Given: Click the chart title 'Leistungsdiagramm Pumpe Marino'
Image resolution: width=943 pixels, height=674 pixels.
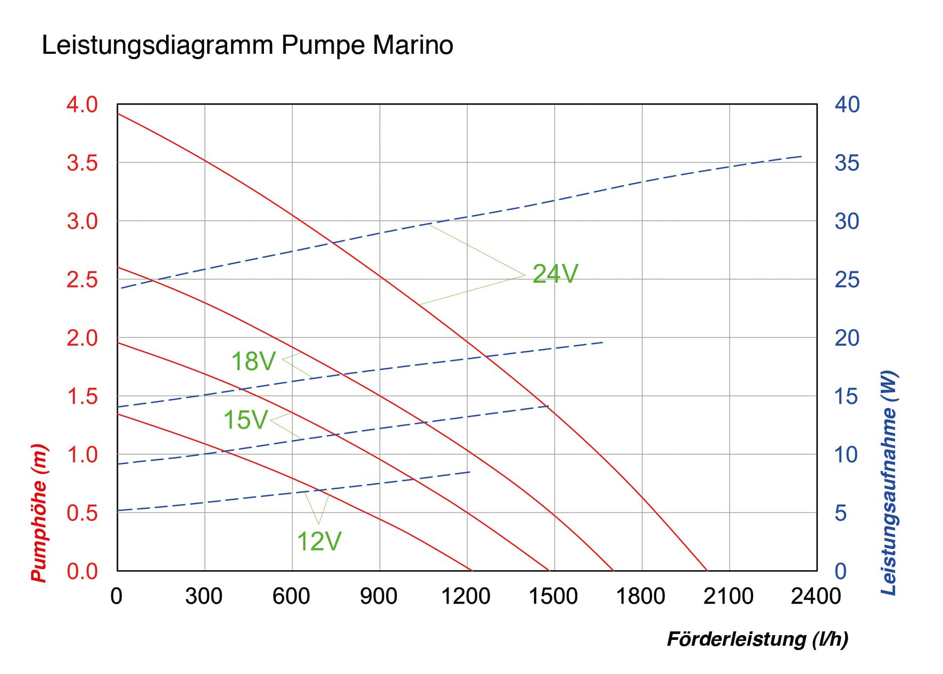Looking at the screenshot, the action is pyautogui.click(x=247, y=46).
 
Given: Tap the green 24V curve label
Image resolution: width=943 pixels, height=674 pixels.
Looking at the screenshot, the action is pyautogui.click(x=555, y=274).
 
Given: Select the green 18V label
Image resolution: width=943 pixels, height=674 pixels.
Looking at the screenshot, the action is pyautogui.click(x=253, y=361).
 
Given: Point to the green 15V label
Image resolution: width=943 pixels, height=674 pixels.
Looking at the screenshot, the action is pyautogui.click(x=245, y=420).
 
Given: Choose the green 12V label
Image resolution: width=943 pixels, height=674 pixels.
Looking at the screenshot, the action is pyautogui.click(x=319, y=542).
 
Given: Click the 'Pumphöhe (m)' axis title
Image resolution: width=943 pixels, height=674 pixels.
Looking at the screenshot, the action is pyautogui.click(x=39, y=513).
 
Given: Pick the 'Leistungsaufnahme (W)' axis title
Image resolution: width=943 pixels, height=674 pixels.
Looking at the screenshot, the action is pyautogui.click(x=889, y=483).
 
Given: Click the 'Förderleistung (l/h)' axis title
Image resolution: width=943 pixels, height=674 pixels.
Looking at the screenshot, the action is pyautogui.click(x=757, y=639).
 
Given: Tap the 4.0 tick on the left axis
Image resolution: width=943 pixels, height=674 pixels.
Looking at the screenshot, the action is pyautogui.click(x=82, y=104).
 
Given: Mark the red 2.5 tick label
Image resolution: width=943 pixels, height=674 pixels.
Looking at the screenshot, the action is pyautogui.click(x=82, y=279).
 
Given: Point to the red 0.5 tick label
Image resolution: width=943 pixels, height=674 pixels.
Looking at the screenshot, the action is pyautogui.click(x=82, y=513).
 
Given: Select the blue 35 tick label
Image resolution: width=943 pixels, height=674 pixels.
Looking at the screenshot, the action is pyautogui.click(x=847, y=163).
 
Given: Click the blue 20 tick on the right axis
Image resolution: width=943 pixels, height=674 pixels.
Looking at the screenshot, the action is pyautogui.click(x=847, y=338).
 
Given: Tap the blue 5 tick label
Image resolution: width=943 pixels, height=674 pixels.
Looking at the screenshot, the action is pyautogui.click(x=840, y=513).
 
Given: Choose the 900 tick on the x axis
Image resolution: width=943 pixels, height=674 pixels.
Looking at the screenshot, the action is pyautogui.click(x=378, y=596).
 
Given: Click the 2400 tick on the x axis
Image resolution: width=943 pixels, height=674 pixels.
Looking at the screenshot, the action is pyautogui.click(x=816, y=596).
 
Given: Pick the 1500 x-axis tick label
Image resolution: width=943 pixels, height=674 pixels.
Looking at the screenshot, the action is pyautogui.click(x=553, y=596).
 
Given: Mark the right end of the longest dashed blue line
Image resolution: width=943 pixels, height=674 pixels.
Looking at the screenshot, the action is pyautogui.click(x=802, y=156).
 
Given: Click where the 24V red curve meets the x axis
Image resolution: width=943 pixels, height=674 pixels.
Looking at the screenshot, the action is pyautogui.click(x=707, y=571).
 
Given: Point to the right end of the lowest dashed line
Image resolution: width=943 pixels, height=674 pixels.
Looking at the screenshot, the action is pyautogui.click(x=470, y=472).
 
